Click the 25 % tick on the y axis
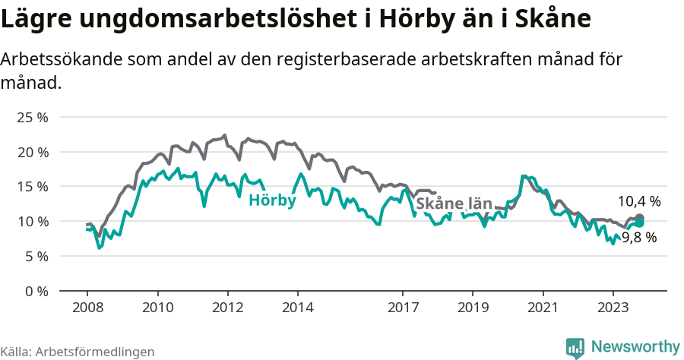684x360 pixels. [33, 118]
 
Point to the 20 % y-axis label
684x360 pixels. [33, 152]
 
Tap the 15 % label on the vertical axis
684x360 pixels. [33, 187]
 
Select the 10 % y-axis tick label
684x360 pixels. [33, 221]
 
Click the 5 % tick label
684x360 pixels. [36, 256]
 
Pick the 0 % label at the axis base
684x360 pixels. [36, 290]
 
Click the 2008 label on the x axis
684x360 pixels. [87, 308]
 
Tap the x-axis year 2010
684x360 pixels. [157, 308]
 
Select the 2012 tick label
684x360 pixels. [227, 308]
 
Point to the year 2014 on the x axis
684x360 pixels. [297, 308]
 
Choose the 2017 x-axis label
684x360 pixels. [403, 308]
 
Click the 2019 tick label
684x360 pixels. [473, 308]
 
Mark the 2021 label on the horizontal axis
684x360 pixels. [543, 308]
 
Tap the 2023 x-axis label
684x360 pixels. [613, 308]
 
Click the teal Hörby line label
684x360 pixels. [272, 201]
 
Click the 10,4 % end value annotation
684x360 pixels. [638, 201]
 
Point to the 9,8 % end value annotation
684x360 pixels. [639, 237]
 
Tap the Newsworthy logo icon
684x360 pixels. [575, 347]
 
